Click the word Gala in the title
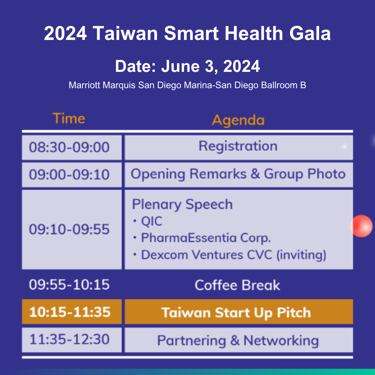[310, 33]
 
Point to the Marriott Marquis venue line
[187, 85]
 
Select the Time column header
[69, 118]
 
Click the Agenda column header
[238, 120]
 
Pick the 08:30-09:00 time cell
[72, 147]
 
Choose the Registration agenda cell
[239, 147]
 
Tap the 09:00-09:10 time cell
[72, 175]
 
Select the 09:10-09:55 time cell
[72, 230]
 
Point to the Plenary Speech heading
[182, 205]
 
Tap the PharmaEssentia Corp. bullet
[202, 238]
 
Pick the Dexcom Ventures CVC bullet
[230, 255]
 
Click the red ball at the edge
[361, 226]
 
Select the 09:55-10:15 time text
[69, 285]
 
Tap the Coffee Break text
[237, 285]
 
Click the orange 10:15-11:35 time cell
[72, 311]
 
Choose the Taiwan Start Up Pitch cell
[239, 311]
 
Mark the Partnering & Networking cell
[239, 340]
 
